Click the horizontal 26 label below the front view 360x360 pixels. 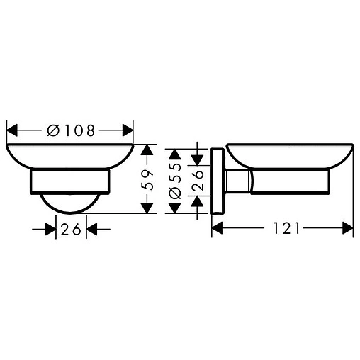69,229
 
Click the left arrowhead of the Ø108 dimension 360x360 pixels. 13,130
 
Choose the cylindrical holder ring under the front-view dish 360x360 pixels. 69,180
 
